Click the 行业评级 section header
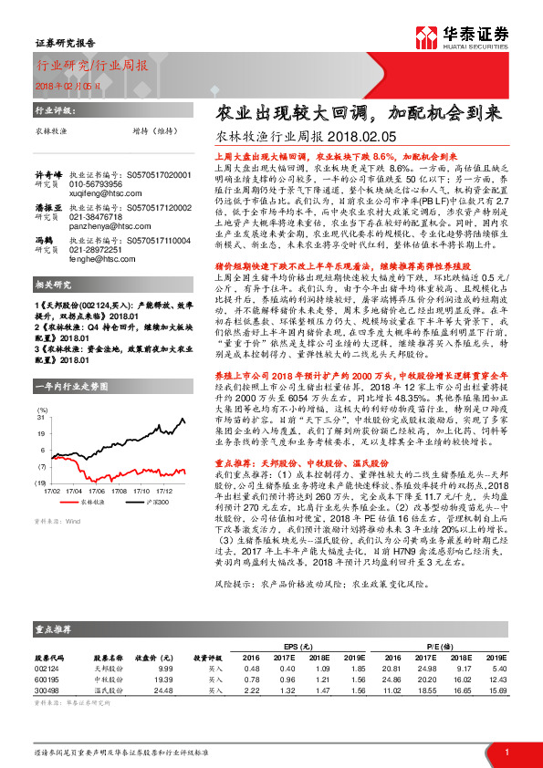pyautogui.click(x=54, y=109)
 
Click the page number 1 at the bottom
pyautogui.click(x=506, y=750)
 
